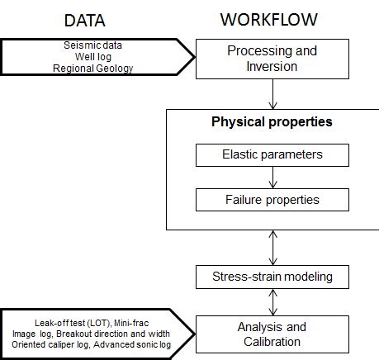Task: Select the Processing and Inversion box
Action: [271, 58]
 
